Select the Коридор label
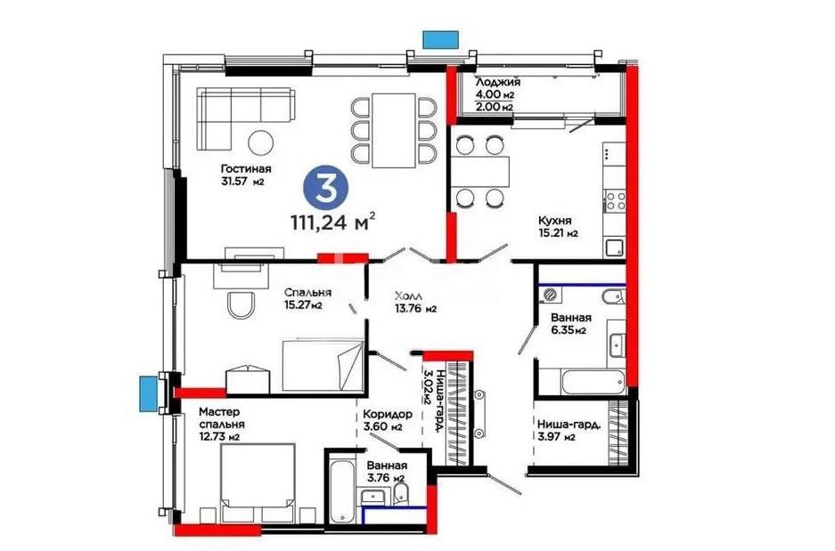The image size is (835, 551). tap(387, 414)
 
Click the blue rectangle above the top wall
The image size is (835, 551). tap(440, 39)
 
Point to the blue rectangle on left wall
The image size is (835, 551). tap(147, 392)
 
